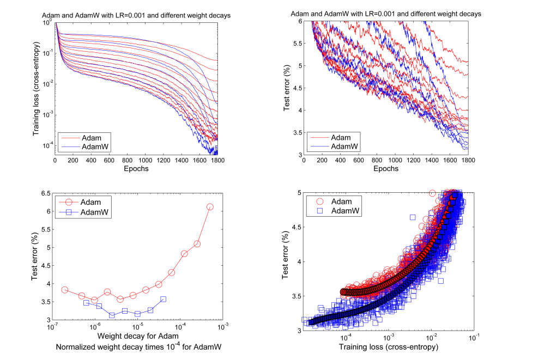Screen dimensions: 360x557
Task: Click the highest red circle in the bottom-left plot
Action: [210, 207]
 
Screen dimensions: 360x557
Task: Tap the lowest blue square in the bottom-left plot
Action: [112, 315]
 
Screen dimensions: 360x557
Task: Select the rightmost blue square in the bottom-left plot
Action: [163, 299]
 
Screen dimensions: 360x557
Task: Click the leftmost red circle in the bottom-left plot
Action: [65, 290]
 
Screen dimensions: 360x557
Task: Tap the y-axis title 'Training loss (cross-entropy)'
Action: [37, 89]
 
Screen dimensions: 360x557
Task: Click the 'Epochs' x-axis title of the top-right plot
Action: [385, 169]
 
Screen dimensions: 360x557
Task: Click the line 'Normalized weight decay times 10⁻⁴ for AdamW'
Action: [136, 346]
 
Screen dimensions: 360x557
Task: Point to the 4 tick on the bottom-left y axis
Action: [49, 284]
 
